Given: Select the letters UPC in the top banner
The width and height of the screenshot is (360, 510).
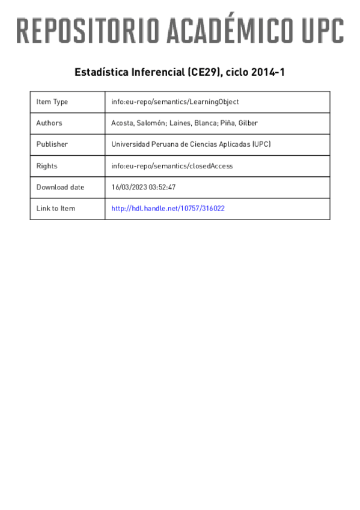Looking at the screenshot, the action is (x=322, y=30).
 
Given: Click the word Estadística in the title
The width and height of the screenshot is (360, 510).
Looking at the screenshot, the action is (x=98, y=72).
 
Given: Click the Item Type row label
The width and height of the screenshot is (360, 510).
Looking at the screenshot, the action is (x=52, y=102).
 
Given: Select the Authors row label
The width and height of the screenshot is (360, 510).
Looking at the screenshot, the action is (x=49, y=123).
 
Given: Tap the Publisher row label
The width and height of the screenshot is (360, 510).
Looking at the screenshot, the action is (x=52, y=144).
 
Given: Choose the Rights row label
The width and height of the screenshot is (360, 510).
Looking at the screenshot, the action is (x=46, y=165).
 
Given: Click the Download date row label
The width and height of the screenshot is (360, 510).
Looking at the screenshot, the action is (x=60, y=187).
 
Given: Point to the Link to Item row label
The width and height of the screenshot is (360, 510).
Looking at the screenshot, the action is (x=56, y=208).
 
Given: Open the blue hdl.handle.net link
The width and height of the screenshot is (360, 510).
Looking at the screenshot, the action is (x=168, y=208).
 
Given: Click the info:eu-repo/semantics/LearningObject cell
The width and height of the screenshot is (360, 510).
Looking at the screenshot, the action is (x=175, y=102).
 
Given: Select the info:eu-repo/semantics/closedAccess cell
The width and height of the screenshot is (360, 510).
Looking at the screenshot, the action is (x=172, y=165).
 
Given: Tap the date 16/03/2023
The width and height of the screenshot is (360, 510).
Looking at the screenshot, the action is (x=130, y=187).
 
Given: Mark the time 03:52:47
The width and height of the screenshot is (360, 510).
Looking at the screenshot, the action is (x=163, y=187).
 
